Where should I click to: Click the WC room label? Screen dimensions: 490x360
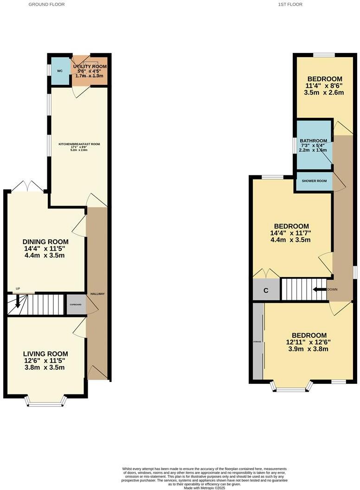(x=60, y=71)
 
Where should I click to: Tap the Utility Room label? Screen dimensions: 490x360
(x=90, y=66)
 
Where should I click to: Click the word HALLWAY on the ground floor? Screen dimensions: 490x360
(x=97, y=294)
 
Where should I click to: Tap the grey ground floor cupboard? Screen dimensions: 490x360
(x=76, y=304)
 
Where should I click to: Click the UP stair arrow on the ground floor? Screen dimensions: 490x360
(x=18, y=302)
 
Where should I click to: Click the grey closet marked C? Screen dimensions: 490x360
(x=266, y=290)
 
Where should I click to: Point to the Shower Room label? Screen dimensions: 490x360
(x=315, y=181)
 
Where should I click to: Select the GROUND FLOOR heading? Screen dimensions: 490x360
(x=46, y=4)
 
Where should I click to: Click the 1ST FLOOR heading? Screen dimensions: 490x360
(x=290, y=4)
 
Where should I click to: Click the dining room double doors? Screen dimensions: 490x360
(x=27, y=187)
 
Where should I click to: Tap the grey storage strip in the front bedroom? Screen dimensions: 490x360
(x=257, y=341)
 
